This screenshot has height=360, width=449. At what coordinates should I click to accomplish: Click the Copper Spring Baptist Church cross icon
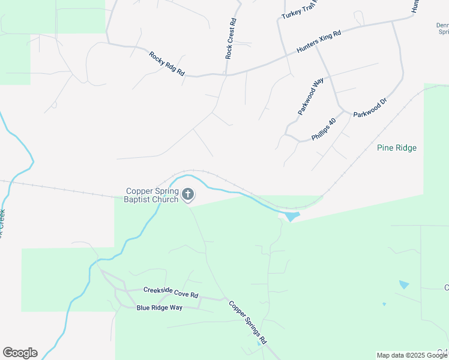pos(188,194)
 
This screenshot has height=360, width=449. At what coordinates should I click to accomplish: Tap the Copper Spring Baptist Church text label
pos(152,196)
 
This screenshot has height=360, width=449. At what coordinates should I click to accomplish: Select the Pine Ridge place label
pos(396,148)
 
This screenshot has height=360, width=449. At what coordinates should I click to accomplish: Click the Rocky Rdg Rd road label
pos(167,63)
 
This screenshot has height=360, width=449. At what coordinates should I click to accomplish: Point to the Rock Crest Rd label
pos(231,39)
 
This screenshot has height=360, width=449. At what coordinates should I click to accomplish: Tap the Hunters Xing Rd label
pos(318,43)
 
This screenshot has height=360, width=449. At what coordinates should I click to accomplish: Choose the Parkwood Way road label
pos(310,96)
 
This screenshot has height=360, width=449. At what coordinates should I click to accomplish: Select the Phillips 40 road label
pos(323,129)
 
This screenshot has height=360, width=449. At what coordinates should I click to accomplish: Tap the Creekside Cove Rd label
pos(170,292)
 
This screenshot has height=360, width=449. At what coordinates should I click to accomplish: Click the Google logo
pos(20,353)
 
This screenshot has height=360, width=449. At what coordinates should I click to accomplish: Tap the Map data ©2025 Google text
pos(411,355)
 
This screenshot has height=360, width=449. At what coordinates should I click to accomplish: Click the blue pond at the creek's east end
pos(291,215)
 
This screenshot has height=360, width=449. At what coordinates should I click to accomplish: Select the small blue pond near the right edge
pos(404,284)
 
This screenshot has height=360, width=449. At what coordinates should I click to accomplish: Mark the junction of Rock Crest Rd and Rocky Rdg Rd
pos(225,74)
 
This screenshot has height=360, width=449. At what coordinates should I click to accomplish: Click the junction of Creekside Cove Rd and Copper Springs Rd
pos(224,298)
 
